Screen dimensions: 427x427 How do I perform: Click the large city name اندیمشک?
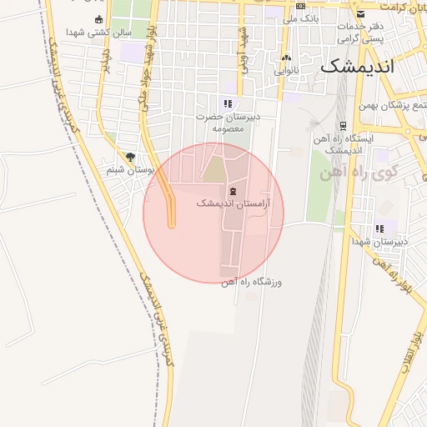click(356, 67)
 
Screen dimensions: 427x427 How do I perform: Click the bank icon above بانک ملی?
click(301, 6)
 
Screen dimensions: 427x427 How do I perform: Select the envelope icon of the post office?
click(360, 14)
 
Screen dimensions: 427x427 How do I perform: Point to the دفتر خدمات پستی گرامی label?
click(359, 33)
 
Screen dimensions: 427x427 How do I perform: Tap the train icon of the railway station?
click(343, 126)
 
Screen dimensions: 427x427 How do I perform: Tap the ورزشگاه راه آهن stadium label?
click(252, 282)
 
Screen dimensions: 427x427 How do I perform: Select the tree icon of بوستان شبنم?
click(130, 157)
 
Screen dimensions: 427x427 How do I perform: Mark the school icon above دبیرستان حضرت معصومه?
click(228, 104)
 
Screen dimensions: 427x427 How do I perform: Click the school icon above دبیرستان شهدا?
click(380, 229)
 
